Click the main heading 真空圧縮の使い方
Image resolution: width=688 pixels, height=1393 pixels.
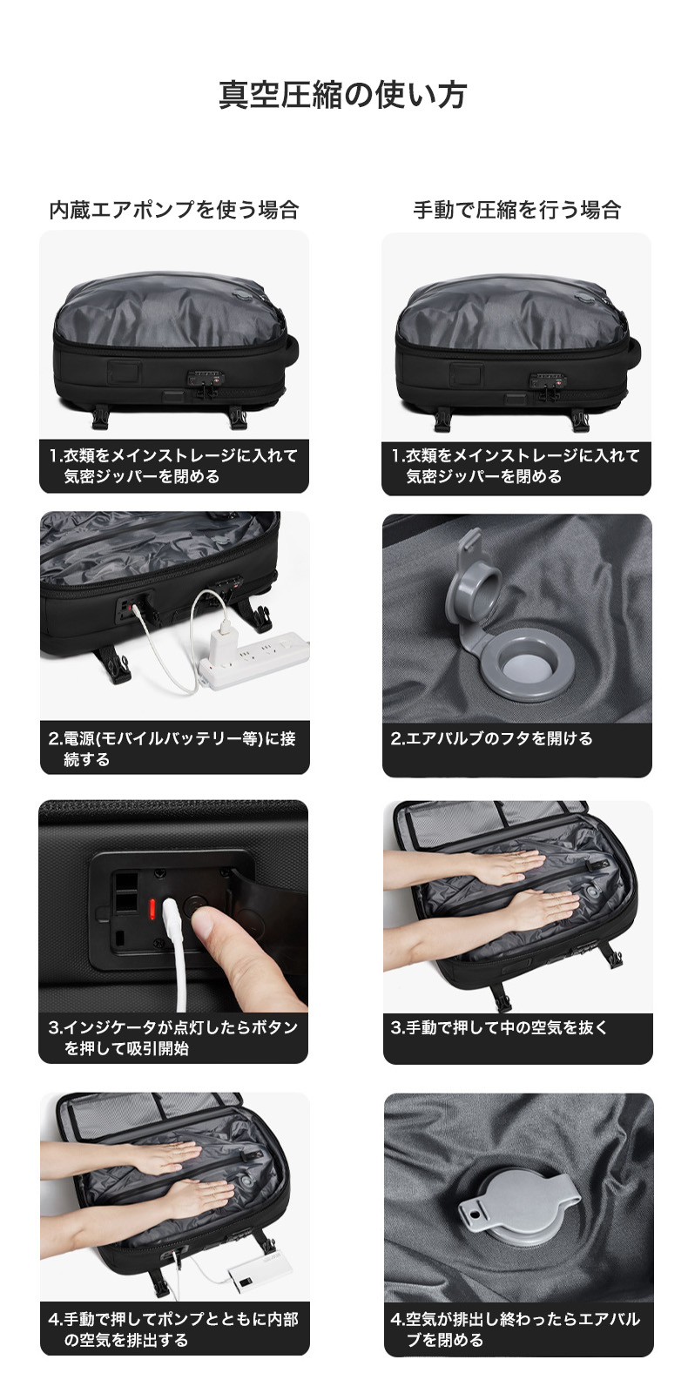[343, 95]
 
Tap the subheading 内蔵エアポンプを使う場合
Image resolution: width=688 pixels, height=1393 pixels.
[174, 210]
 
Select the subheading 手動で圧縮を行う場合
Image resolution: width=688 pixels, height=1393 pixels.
[517, 210]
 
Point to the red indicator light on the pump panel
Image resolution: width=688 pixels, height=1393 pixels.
[152, 909]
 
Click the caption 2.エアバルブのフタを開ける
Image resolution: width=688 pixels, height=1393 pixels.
[491, 739]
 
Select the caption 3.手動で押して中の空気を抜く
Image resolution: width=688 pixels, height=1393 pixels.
[498, 1028]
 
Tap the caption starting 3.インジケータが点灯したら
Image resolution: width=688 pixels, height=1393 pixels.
[173, 1038]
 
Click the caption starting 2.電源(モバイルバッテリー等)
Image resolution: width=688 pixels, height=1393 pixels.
[172, 750]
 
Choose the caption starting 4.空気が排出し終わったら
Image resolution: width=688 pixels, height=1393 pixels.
[516, 1329]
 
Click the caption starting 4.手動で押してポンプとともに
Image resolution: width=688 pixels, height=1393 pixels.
[173, 1329]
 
